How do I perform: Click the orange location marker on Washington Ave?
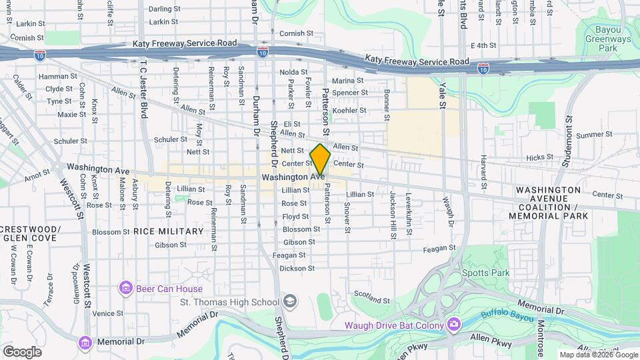point(320,159)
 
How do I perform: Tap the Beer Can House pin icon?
point(125,288)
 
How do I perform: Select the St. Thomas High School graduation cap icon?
point(289,302)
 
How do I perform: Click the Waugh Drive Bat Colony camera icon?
point(454,325)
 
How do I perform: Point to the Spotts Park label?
point(485,273)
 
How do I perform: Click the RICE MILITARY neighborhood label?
point(168,231)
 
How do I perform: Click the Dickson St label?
point(297,268)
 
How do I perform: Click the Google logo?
point(22,352)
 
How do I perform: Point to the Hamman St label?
point(54,77)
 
